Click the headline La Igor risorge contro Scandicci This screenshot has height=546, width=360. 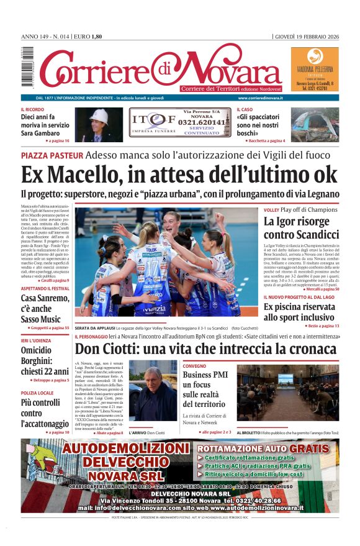[x=301, y=227]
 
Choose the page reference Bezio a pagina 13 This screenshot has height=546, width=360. [x=322, y=325]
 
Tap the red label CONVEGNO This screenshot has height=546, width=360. [x=194, y=366]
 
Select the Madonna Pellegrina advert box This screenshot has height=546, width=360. [x=315, y=70]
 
